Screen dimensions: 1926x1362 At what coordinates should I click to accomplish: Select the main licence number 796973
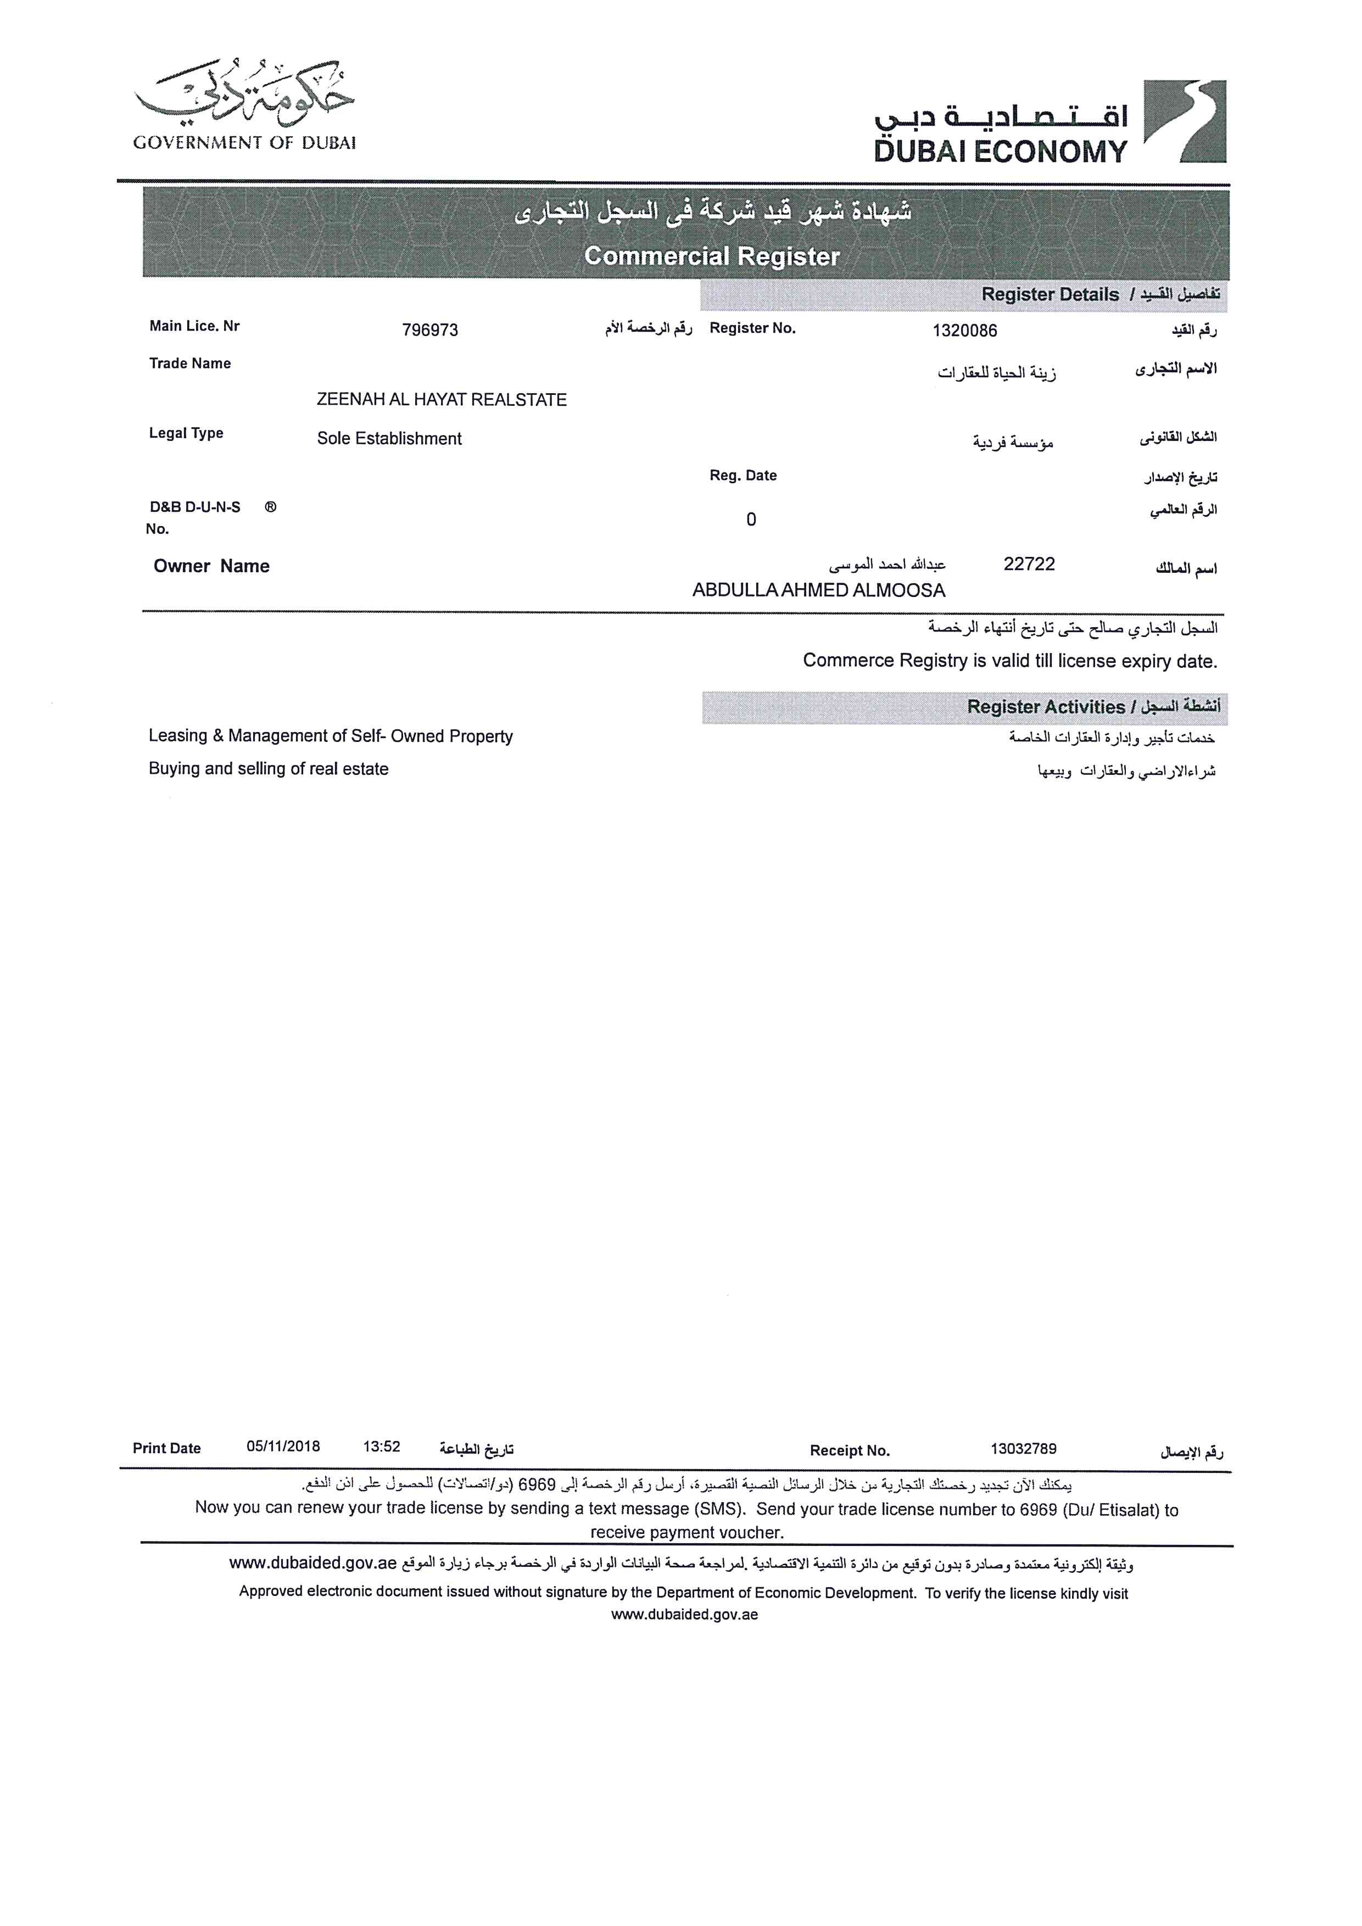click(429, 330)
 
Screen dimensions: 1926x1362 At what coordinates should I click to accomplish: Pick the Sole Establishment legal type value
click(389, 439)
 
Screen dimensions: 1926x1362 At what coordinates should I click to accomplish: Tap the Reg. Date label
click(743, 476)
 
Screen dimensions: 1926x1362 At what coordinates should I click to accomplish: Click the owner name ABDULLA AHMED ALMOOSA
click(818, 590)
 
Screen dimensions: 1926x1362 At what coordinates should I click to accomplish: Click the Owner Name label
click(211, 566)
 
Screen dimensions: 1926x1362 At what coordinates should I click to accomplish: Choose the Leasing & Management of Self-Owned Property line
click(331, 736)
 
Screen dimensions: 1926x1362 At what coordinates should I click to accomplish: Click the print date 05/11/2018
click(283, 1447)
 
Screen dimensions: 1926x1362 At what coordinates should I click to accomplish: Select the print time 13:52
click(382, 1447)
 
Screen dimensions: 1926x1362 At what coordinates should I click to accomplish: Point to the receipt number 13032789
click(1023, 1449)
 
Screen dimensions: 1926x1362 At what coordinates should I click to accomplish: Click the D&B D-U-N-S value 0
click(751, 520)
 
